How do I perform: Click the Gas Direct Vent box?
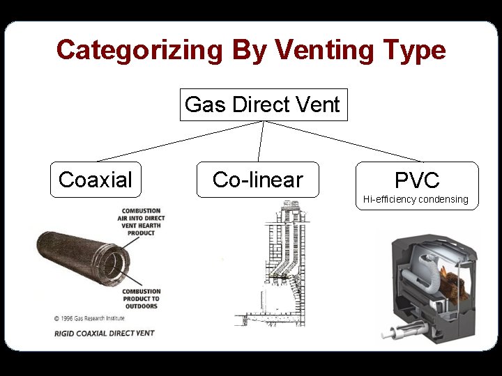263,105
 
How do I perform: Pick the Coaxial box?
96,180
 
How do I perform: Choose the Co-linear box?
257,180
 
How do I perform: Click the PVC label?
417,181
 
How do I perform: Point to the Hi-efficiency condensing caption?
416,200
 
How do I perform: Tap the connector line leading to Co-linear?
261,142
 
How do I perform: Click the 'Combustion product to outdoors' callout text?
141,299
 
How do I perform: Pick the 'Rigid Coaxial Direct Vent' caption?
105,333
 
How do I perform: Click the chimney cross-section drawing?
275,265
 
